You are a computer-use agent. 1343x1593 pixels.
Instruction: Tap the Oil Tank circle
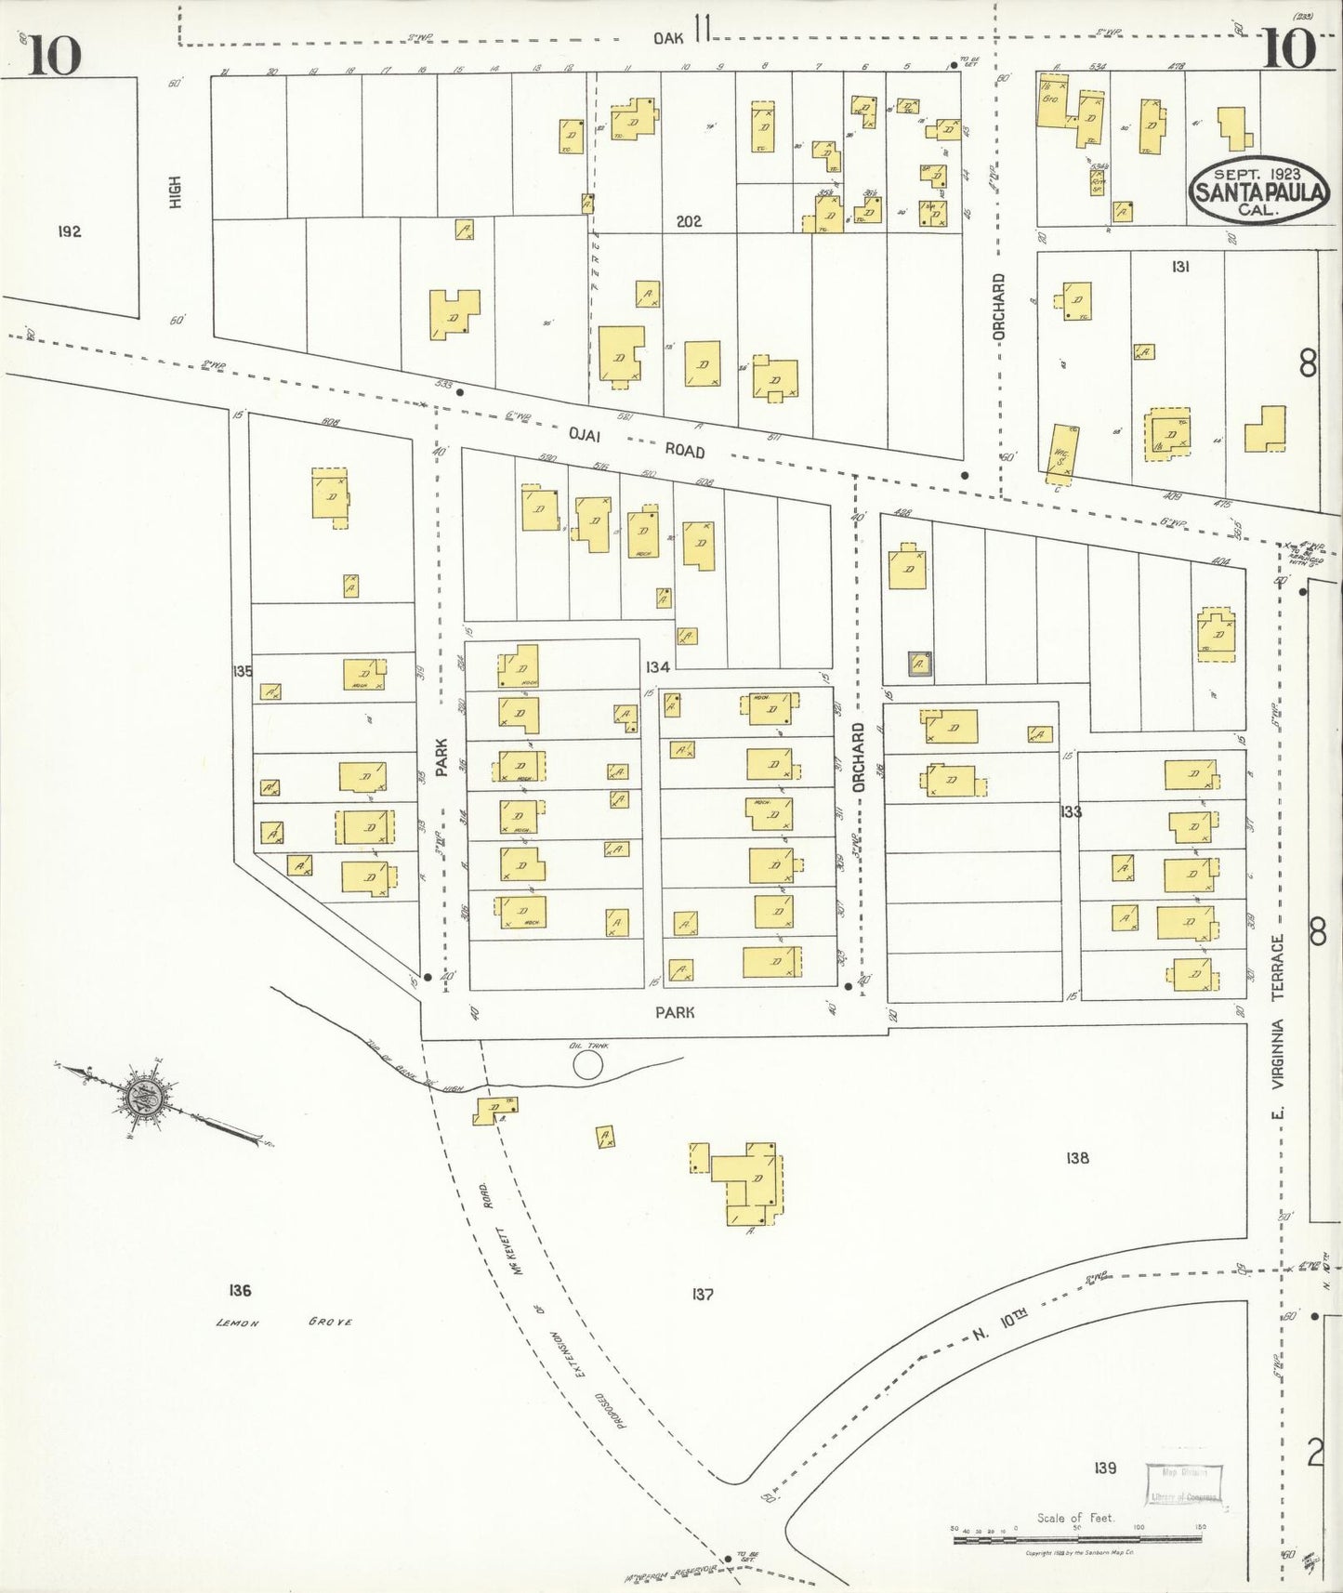(x=587, y=1064)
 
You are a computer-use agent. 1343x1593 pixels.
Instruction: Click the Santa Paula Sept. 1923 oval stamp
(x=1259, y=192)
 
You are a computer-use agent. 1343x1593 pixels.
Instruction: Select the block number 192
(x=69, y=231)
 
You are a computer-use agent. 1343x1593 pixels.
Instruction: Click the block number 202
(x=689, y=221)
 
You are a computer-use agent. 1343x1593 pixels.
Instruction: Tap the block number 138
(x=1077, y=1158)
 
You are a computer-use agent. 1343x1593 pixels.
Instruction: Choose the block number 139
(x=1104, y=1468)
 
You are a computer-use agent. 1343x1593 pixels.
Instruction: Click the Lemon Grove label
(x=283, y=1322)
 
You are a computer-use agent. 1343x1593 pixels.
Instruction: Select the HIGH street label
(x=175, y=192)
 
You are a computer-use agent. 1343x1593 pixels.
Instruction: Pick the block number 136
(x=239, y=1290)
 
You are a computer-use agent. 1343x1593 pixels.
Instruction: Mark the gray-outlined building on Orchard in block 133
(x=920, y=665)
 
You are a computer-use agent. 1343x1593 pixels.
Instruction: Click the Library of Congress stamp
(x=1183, y=1484)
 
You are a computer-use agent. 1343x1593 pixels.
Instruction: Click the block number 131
(x=1180, y=267)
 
